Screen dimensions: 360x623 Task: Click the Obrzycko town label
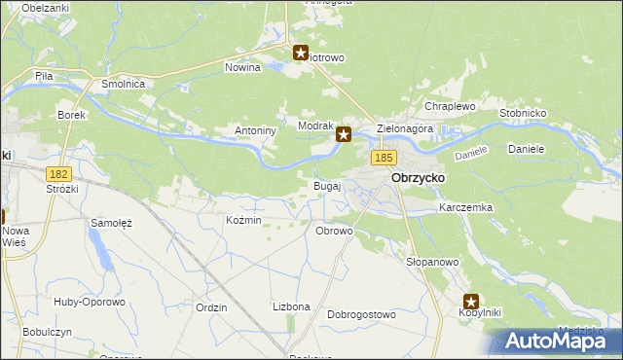pyautogui.click(x=418, y=179)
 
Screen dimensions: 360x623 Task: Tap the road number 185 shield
pyautogui.click(x=383, y=157)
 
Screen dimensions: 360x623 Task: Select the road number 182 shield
pyautogui.click(x=60, y=172)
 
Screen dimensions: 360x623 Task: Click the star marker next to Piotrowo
pyautogui.click(x=301, y=54)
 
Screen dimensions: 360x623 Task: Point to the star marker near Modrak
pyautogui.click(x=344, y=135)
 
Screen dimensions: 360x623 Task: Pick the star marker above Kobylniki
pyautogui.click(x=472, y=302)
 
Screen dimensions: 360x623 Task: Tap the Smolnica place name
pyautogui.click(x=124, y=85)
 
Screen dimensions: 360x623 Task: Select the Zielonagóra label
pyautogui.click(x=404, y=128)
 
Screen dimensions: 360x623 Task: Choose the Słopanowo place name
pyautogui.click(x=431, y=263)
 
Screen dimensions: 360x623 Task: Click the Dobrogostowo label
pyautogui.click(x=361, y=315)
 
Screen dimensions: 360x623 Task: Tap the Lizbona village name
pyautogui.click(x=291, y=306)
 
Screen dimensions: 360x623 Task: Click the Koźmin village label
pyautogui.click(x=243, y=220)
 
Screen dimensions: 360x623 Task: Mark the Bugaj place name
pyautogui.click(x=326, y=185)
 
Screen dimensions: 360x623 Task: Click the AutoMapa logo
pyautogui.click(x=553, y=341)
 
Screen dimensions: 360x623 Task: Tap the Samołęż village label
pyautogui.click(x=111, y=223)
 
